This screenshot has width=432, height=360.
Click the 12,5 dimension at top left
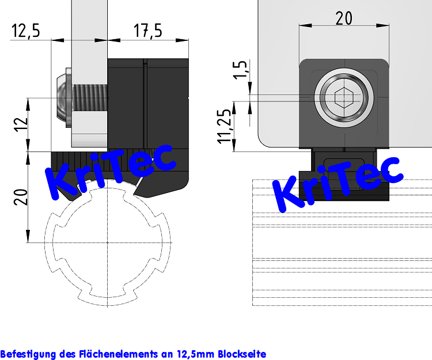pos(25,31)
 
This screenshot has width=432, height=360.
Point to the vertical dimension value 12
pos(20,124)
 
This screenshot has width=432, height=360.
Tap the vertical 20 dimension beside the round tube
pos(20,196)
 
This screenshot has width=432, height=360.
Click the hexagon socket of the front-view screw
pos(343,98)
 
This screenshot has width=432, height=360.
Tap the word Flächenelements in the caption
pos(122,353)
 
